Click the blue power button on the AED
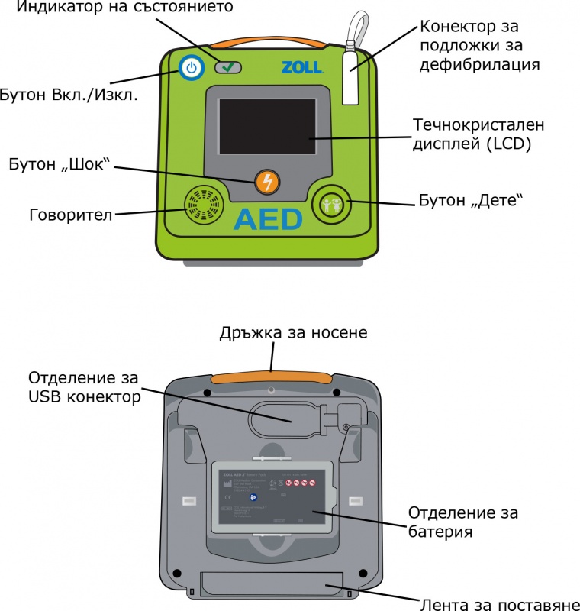[x=191, y=69]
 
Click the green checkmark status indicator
[x=228, y=68]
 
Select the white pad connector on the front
[x=351, y=76]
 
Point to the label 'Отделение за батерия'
[x=465, y=520]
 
